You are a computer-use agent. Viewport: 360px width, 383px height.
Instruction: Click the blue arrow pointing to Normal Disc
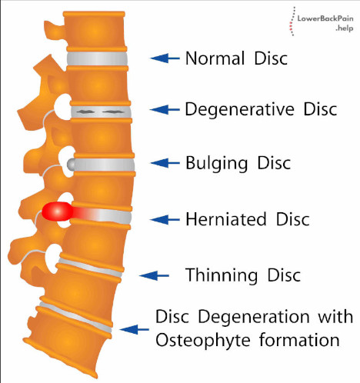click(165, 58)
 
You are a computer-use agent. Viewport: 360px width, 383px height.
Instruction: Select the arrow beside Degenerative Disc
click(165, 109)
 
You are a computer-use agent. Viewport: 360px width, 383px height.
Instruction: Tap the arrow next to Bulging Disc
click(165, 163)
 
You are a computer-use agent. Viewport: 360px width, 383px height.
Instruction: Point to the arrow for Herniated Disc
click(165, 220)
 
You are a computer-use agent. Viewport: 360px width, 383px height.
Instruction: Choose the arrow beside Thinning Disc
click(154, 276)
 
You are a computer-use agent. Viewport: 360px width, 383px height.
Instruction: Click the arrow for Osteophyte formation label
click(134, 329)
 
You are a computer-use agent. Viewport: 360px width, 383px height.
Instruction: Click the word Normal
click(215, 58)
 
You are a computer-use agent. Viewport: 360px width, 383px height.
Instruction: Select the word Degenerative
click(240, 110)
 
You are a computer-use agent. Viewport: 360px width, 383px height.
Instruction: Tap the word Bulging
click(217, 163)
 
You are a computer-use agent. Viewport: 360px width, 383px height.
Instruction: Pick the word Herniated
click(226, 219)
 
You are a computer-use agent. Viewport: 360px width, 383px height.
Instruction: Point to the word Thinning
click(222, 275)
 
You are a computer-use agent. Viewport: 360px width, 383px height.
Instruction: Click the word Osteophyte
click(203, 341)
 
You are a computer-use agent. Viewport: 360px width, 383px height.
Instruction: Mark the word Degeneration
click(254, 318)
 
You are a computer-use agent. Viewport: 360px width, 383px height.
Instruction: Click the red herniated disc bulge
click(58, 211)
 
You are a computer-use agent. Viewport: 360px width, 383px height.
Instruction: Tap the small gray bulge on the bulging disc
click(71, 165)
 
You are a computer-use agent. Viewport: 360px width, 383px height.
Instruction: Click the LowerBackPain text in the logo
click(325, 18)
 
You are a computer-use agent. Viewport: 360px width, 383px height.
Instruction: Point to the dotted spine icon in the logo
click(292, 22)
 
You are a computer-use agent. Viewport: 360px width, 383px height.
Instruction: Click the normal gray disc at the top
click(97, 58)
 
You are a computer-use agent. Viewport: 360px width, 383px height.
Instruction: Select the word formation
click(299, 340)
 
